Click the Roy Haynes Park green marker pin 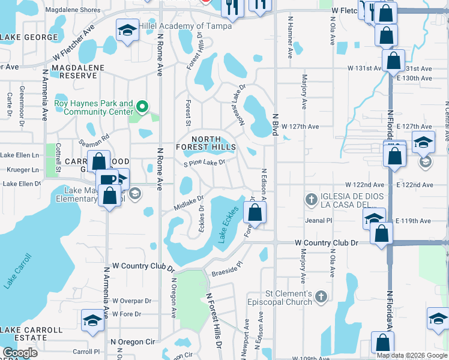pyautogui.click(x=142, y=107)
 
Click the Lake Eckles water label pyautogui.click(x=228, y=225)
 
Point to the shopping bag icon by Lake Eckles pyautogui.click(x=255, y=212)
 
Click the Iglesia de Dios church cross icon pyautogui.click(x=311, y=199)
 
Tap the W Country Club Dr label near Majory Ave pyautogui.click(x=327, y=242)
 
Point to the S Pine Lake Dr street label pyautogui.click(x=205, y=163)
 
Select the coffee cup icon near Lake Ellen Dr pyautogui.click(x=109, y=179)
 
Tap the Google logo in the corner pyautogui.click(x=20, y=353)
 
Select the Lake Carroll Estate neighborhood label pyautogui.click(x=31, y=334)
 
